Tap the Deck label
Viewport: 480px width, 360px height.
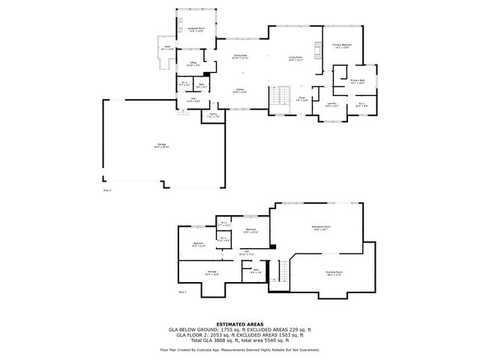[x=167, y=49]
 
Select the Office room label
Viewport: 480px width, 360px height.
[x=193, y=63]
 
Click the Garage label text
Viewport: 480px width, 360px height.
[x=161, y=145]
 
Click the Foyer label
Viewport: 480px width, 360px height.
[x=301, y=97]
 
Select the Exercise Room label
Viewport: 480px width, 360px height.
[x=334, y=273]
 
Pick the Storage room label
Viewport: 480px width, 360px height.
[x=212, y=272]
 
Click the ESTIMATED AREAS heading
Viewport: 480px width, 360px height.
[x=239, y=324]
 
